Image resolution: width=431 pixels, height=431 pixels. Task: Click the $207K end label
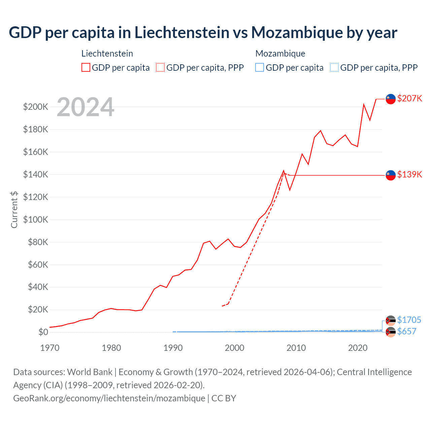click(x=409, y=98)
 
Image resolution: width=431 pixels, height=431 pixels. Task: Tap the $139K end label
click(x=409, y=174)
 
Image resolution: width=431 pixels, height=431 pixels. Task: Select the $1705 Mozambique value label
click(x=409, y=320)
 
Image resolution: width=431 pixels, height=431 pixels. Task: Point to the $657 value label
click(x=407, y=331)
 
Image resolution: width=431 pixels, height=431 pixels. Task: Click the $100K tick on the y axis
click(x=36, y=220)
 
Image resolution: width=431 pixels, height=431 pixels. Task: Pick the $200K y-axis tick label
click(x=36, y=107)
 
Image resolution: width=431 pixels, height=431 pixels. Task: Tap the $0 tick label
click(x=43, y=332)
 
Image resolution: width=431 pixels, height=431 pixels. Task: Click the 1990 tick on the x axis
click(x=173, y=348)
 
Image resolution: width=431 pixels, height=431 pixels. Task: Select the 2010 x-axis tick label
click(x=296, y=348)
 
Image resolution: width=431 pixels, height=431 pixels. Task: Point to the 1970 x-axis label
click(x=50, y=348)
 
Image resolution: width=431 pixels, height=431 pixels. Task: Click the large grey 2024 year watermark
click(x=86, y=107)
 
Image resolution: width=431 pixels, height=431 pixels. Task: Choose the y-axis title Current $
click(x=14, y=209)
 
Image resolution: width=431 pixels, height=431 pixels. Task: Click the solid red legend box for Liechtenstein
click(x=86, y=67)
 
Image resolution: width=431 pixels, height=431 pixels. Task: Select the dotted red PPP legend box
click(x=160, y=67)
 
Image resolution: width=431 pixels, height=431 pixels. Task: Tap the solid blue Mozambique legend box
click(x=260, y=67)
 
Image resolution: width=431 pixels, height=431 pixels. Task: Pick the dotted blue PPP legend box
click(x=334, y=67)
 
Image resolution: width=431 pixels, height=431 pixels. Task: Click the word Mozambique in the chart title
click(x=290, y=32)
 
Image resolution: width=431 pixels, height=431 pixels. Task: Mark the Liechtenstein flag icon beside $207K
click(x=391, y=99)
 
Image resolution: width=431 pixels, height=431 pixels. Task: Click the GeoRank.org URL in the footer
click(x=109, y=398)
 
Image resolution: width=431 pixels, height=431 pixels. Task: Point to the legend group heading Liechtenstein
click(x=107, y=54)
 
